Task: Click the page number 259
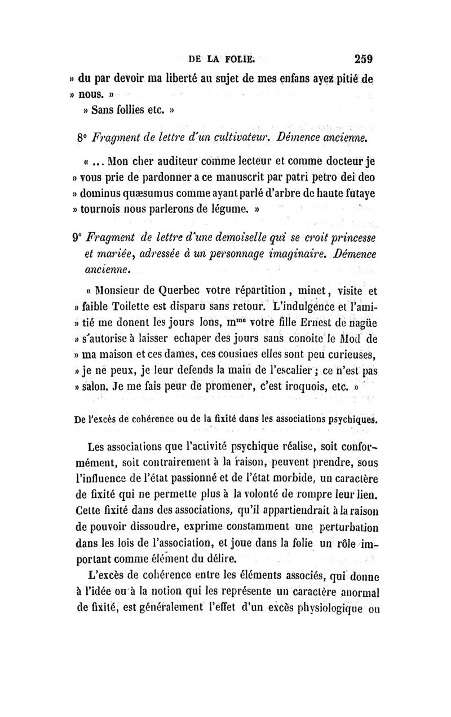365,58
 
